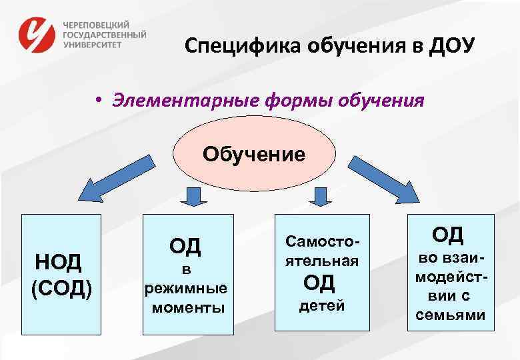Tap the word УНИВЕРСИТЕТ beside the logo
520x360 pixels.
(x=93, y=45)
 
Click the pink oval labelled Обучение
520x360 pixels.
(x=253, y=155)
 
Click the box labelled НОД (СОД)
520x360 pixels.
(x=61, y=273)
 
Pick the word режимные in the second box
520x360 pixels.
(x=186, y=289)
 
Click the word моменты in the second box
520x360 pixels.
(x=188, y=308)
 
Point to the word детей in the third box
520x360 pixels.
(x=322, y=306)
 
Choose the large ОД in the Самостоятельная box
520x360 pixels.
(x=319, y=283)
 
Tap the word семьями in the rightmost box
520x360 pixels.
(x=451, y=315)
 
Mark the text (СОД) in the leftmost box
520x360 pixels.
(x=61, y=288)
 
